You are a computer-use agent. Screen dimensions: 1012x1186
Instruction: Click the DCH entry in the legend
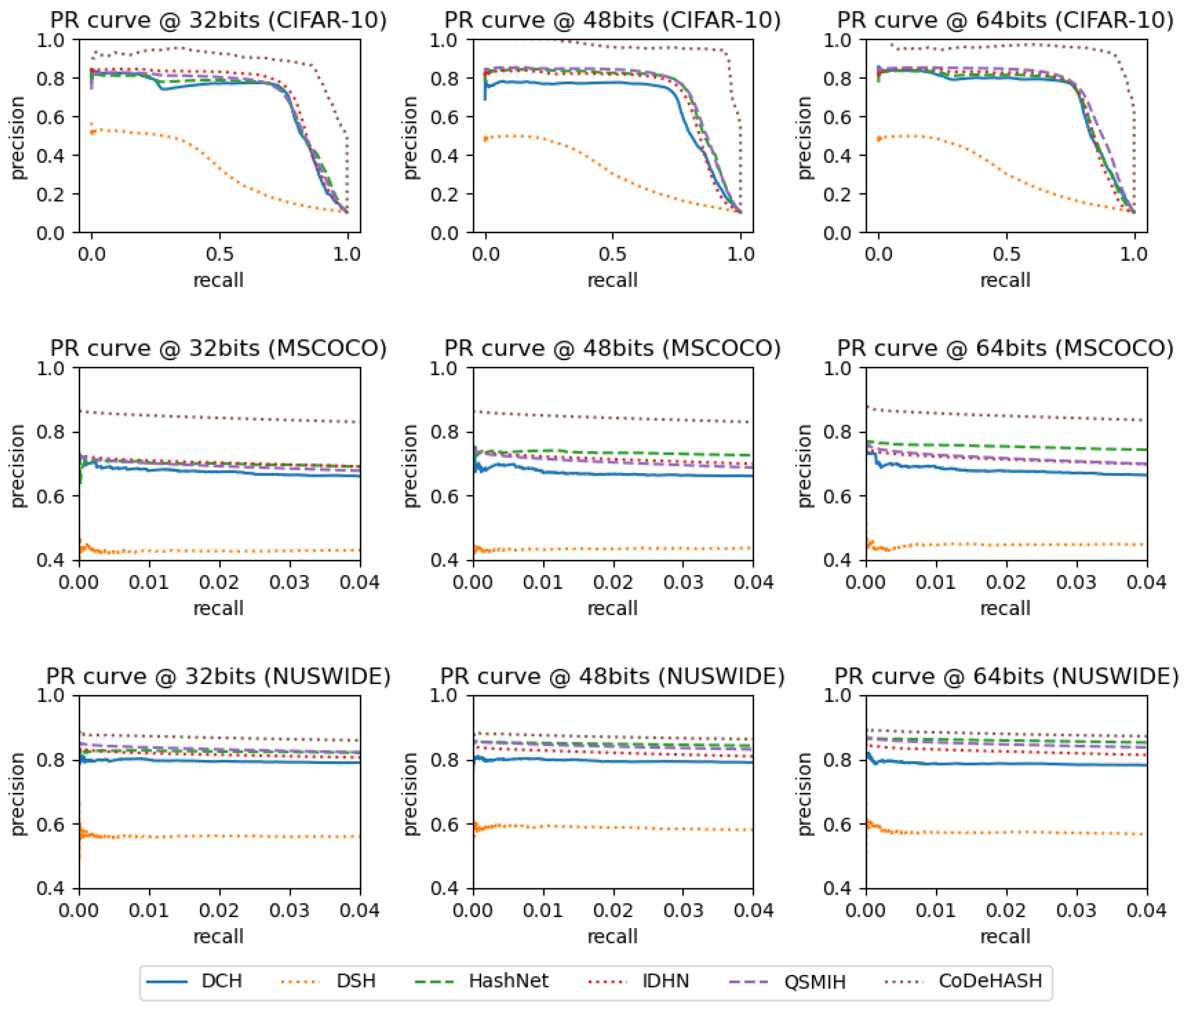pos(221,980)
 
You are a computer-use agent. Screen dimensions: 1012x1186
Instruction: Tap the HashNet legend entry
pos(508,980)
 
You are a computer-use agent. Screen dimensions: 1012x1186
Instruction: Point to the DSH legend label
pos(356,980)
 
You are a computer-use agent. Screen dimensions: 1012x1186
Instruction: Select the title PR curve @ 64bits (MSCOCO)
pos(1005,348)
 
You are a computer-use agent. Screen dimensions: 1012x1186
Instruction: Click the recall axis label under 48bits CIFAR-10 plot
pos(612,280)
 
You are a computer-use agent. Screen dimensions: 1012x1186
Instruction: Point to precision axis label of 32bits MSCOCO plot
pos(19,465)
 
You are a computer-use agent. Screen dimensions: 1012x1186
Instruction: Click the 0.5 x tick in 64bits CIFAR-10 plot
pos(1006,253)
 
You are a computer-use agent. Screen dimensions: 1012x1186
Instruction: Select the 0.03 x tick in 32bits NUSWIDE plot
pos(290,910)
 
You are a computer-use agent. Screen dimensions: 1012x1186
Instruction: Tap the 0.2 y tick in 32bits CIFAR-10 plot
pos(51,194)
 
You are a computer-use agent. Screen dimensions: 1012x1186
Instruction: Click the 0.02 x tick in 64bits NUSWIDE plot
pos(1006,910)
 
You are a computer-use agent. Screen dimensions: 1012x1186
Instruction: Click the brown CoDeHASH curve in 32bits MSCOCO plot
pos(219,417)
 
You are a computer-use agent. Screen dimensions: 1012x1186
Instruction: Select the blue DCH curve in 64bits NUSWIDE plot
pos(1006,763)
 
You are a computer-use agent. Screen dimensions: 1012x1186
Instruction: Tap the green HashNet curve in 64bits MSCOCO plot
pos(1006,446)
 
